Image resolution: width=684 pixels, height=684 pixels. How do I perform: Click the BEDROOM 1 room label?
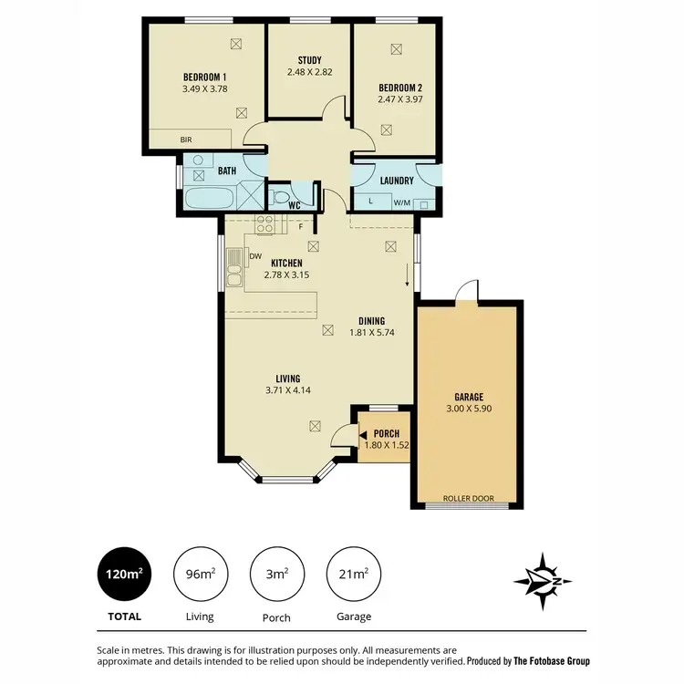[x=204, y=77]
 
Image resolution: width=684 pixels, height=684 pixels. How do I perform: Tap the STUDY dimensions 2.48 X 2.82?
[x=309, y=72]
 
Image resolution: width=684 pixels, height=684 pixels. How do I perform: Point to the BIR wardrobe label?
[x=185, y=140]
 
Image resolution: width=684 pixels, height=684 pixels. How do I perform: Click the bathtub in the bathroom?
[x=209, y=198]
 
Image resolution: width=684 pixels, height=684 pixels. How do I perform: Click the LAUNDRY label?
[x=398, y=181]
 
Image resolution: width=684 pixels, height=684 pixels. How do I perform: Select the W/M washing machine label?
[x=401, y=202]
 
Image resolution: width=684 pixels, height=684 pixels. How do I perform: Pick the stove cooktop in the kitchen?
[x=265, y=224]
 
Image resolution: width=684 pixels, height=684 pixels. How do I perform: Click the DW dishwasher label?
[x=255, y=256]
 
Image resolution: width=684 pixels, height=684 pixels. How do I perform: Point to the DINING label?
[x=371, y=321]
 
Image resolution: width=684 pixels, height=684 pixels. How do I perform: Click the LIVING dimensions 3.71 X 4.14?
[x=288, y=391]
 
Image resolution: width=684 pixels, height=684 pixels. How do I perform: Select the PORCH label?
[x=387, y=433]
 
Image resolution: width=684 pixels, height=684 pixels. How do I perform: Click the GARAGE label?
[x=468, y=397]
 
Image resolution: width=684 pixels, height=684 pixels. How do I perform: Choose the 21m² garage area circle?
[x=353, y=573]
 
